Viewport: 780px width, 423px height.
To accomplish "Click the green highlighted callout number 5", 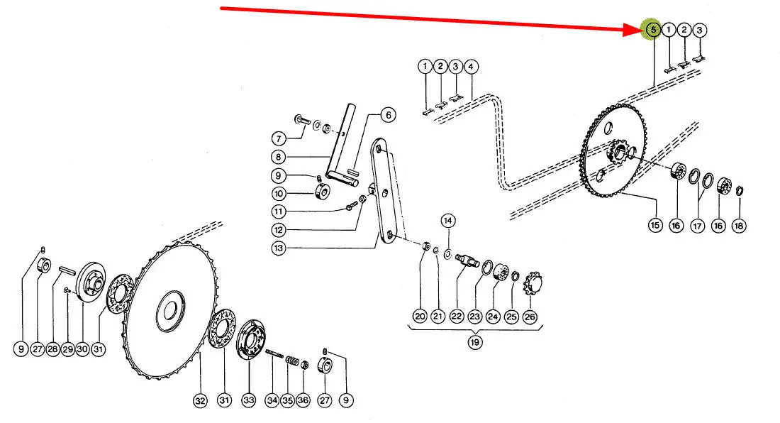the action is pyautogui.click(x=652, y=30).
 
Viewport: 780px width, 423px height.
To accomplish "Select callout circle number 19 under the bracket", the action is pyautogui.click(x=474, y=342).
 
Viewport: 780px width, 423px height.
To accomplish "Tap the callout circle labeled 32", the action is pyautogui.click(x=200, y=400).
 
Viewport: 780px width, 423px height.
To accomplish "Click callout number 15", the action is pyautogui.click(x=655, y=225).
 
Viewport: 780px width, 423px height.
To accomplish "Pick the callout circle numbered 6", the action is pyautogui.click(x=388, y=115).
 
